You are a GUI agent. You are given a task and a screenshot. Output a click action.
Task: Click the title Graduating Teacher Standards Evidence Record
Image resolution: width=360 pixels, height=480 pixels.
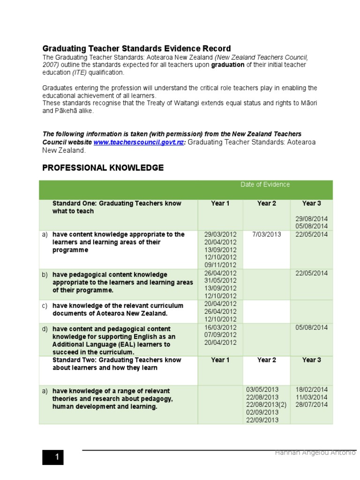coord(136,48)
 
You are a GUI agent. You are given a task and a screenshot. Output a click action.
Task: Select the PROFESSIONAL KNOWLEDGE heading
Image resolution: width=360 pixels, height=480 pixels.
coord(103,168)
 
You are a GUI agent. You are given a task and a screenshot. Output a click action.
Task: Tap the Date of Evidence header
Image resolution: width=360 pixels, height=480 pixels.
coord(265,184)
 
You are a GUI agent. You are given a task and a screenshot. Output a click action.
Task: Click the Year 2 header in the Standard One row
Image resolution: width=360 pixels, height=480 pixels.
coord(266,203)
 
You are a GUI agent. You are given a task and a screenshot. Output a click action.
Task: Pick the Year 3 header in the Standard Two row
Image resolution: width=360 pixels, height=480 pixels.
coord(311,360)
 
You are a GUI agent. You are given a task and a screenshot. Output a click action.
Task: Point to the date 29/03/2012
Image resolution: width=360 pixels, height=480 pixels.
coord(220,234)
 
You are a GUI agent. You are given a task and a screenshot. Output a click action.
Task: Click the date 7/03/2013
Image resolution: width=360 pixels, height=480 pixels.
coord(266,234)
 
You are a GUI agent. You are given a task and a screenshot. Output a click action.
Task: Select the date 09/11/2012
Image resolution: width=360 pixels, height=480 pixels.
coord(220,264)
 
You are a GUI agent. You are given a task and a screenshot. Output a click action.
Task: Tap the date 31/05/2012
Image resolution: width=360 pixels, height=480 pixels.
coord(220,281)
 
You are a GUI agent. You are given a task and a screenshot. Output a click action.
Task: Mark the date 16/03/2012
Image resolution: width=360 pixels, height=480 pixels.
coord(220,328)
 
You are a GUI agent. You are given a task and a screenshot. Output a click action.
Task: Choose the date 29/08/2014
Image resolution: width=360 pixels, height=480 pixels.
coord(311,219)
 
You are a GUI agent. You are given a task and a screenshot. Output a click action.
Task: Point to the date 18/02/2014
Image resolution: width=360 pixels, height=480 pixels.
coord(311,390)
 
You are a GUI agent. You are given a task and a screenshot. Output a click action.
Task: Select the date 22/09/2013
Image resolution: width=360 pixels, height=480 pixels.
coord(262,420)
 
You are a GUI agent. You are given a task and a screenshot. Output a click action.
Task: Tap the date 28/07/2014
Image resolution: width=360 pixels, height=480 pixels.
coord(311,405)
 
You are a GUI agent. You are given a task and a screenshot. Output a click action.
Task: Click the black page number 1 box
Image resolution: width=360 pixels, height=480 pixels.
coord(52,457)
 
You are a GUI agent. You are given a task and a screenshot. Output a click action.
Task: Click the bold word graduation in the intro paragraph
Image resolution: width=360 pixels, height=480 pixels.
coord(228,65)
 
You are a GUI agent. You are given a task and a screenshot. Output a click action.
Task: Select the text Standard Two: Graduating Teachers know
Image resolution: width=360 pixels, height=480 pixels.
coord(116,360)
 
